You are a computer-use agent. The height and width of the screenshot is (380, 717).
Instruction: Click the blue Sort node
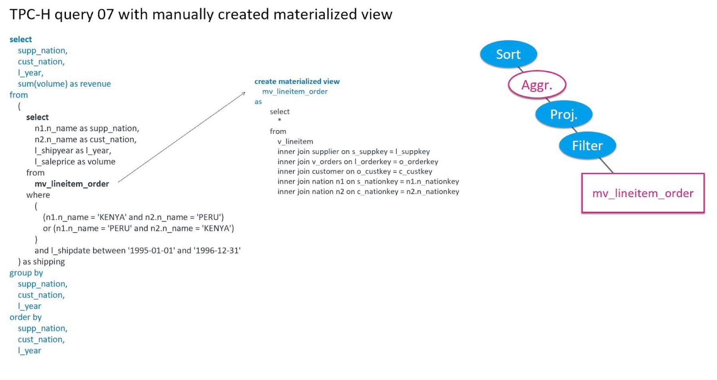coord(508,54)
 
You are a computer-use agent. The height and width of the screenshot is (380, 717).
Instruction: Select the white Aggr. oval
coord(536,85)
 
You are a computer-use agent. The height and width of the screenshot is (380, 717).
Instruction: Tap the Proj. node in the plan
coord(564,114)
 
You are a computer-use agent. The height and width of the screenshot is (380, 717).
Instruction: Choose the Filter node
coord(587,145)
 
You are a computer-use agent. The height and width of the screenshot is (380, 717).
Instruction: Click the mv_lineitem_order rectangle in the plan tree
coord(642,193)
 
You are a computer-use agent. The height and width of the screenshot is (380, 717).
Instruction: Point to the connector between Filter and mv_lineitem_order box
coord(606,165)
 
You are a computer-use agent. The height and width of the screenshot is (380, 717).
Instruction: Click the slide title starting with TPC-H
coord(201,15)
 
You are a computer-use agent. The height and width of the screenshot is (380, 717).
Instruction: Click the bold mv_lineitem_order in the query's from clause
coord(72,184)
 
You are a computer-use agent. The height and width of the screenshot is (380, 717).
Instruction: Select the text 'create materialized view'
coord(297,82)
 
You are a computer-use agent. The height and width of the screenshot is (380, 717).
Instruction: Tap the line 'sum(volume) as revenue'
coord(64,84)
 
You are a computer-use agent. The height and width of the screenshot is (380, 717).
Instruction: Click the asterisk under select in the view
coord(279,120)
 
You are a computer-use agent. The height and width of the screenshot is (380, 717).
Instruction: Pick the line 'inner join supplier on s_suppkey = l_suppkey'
coord(354,152)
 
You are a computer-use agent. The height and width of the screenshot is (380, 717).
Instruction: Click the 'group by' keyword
coord(26,273)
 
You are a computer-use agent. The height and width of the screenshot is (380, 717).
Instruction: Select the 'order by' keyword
coord(26,317)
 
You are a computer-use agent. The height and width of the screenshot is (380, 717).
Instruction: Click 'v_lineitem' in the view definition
coord(295,141)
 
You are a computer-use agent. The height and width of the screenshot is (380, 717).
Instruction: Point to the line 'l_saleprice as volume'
coord(75,162)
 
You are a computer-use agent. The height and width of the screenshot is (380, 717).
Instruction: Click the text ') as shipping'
coord(42,262)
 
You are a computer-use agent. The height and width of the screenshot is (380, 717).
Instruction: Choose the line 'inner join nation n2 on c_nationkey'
coord(368,192)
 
